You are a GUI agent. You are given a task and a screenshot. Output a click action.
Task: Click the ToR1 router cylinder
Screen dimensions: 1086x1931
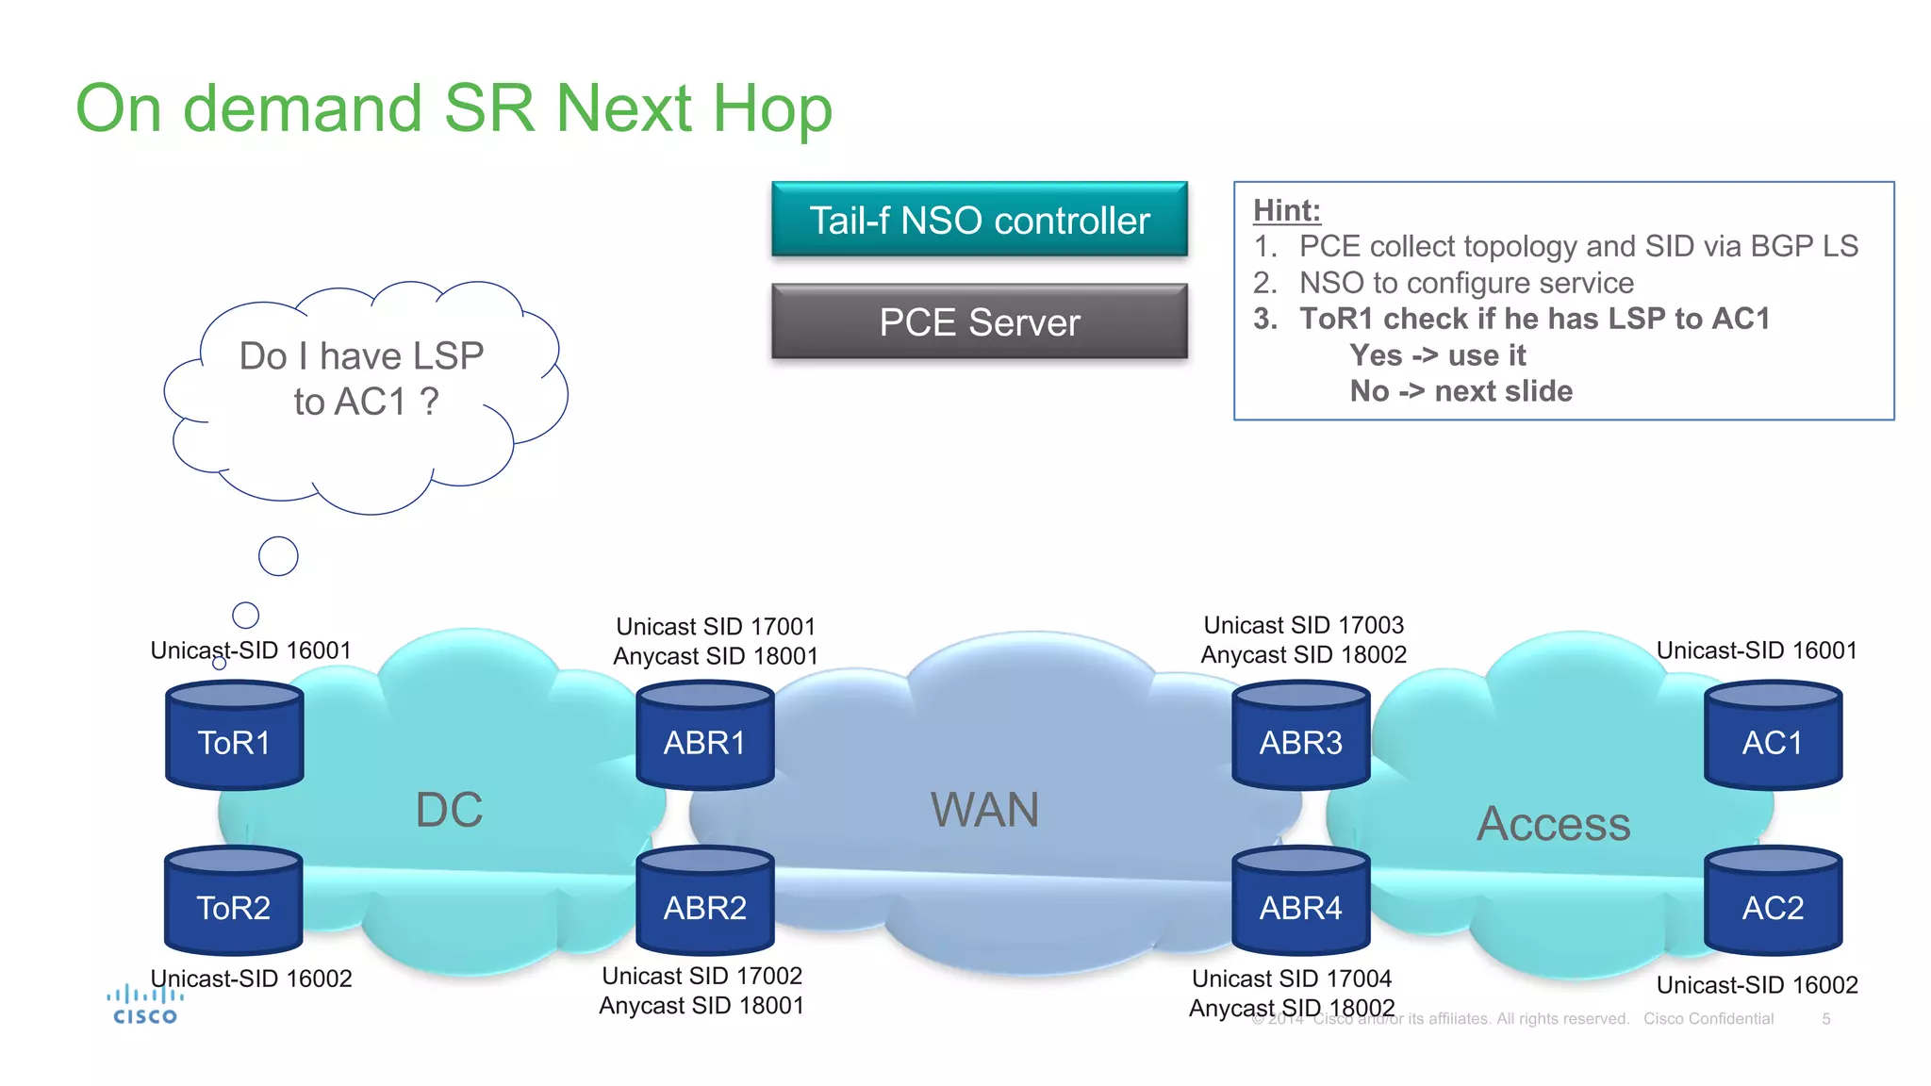click(x=234, y=736)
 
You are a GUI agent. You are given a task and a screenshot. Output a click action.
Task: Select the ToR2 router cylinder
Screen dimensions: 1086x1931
click(x=233, y=901)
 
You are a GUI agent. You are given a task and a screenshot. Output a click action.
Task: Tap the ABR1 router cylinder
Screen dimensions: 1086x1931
click(x=704, y=736)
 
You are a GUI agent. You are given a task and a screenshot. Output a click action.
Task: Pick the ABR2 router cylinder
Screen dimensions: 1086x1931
click(x=704, y=901)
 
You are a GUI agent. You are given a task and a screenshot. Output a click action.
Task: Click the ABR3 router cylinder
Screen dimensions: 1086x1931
click(x=1300, y=736)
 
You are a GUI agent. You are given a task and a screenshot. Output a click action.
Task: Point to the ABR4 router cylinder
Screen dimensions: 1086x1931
click(x=1300, y=901)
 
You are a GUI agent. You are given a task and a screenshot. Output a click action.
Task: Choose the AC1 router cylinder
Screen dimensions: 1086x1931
click(x=1773, y=736)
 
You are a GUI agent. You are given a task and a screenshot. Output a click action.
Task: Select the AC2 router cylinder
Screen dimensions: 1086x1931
click(x=1773, y=901)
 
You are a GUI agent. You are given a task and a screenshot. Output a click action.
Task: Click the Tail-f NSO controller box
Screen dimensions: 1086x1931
click(x=979, y=220)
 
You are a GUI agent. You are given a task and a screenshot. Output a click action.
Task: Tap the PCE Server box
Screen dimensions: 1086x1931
click(x=979, y=322)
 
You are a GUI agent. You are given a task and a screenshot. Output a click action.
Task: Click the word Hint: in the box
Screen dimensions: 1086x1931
click(x=1286, y=210)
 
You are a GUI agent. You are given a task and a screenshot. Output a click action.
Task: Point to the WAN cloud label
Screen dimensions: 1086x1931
click(x=984, y=810)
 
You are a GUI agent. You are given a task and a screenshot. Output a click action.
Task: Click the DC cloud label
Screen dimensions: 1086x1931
click(x=449, y=810)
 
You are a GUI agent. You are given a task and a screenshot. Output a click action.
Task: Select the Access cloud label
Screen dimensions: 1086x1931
click(x=1553, y=824)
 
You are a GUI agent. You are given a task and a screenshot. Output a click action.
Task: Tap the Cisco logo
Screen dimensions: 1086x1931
click(x=144, y=1005)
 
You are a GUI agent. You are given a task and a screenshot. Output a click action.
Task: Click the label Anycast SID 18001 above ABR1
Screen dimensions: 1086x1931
click(x=716, y=656)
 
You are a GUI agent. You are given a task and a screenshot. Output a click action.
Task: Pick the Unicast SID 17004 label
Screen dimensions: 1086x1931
click(x=1291, y=979)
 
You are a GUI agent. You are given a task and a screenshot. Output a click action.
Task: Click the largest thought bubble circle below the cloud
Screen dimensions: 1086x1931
click(x=278, y=556)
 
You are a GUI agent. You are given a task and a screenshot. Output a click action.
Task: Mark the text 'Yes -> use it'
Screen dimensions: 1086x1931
click(x=1437, y=355)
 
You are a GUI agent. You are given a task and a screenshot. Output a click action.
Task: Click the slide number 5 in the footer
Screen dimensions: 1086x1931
click(x=1825, y=1019)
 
